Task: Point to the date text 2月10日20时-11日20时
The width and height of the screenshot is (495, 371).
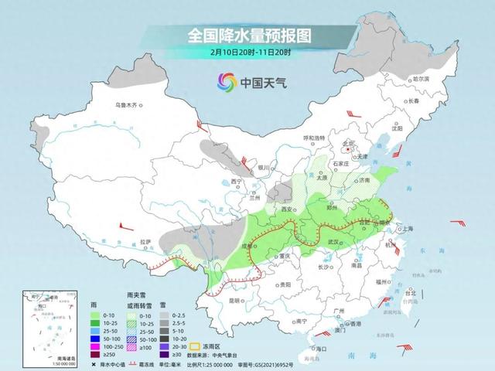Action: pyautogui.click(x=247, y=52)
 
